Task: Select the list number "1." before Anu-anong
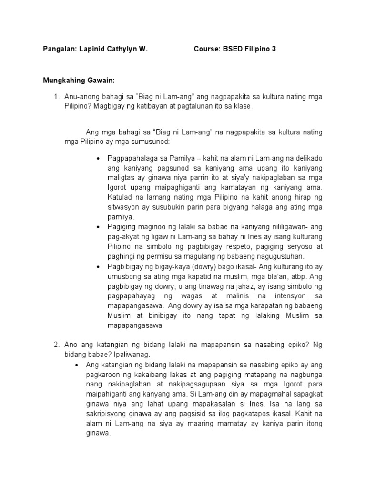56,97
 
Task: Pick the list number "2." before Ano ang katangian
56,344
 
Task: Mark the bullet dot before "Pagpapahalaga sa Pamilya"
99,158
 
